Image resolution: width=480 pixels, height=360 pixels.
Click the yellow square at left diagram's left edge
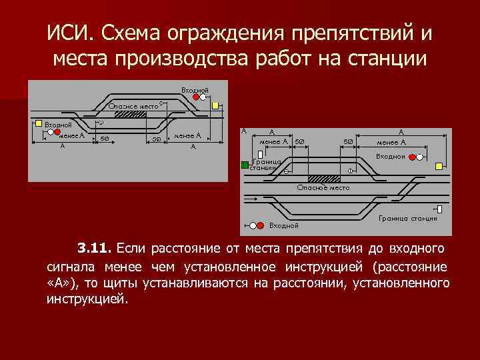38,123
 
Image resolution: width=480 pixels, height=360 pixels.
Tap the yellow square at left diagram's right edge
215,105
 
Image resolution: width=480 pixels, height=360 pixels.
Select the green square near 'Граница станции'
245,164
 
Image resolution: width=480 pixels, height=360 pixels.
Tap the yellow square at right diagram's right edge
439,165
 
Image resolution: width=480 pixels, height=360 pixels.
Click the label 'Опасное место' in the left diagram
133,105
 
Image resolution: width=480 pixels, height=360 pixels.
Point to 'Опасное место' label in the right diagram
323,188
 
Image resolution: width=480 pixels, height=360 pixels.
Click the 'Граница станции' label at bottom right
407,218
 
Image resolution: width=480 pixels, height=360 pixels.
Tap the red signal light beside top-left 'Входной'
196,97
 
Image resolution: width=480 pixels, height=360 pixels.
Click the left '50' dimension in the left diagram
105,139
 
